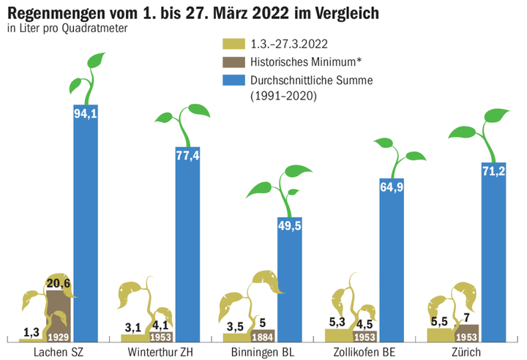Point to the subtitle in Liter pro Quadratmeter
(67, 29)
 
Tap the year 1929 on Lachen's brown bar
(58, 337)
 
